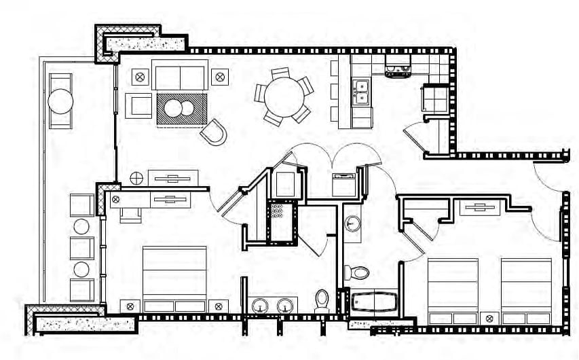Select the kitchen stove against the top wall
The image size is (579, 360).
398,66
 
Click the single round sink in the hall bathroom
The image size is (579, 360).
352,223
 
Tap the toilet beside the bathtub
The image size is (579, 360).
357,273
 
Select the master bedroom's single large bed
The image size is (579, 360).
174,278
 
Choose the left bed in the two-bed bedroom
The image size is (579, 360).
453,291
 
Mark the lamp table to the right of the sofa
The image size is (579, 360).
220,77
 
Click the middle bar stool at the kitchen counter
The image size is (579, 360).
335,91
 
